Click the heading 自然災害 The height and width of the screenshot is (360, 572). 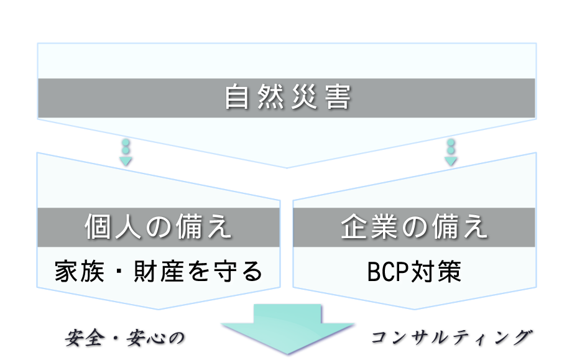(x=287, y=98)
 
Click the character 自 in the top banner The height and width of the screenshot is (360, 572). (x=237, y=98)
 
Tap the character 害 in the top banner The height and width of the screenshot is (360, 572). (x=338, y=98)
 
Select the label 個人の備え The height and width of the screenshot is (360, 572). (x=158, y=228)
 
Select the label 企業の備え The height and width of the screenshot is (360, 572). (x=414, y=228)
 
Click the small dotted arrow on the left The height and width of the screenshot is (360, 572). (x=126, y=152)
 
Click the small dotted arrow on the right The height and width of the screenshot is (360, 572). (x=451, y=152)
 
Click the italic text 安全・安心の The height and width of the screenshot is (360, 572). (x=126, y=338)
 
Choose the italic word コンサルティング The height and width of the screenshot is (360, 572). (x=452, y=338)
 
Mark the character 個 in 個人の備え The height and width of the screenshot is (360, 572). (x=98, y=228)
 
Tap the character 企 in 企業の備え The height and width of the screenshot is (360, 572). (x=353, y=228)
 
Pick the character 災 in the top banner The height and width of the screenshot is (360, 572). (x=304, y=98)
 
